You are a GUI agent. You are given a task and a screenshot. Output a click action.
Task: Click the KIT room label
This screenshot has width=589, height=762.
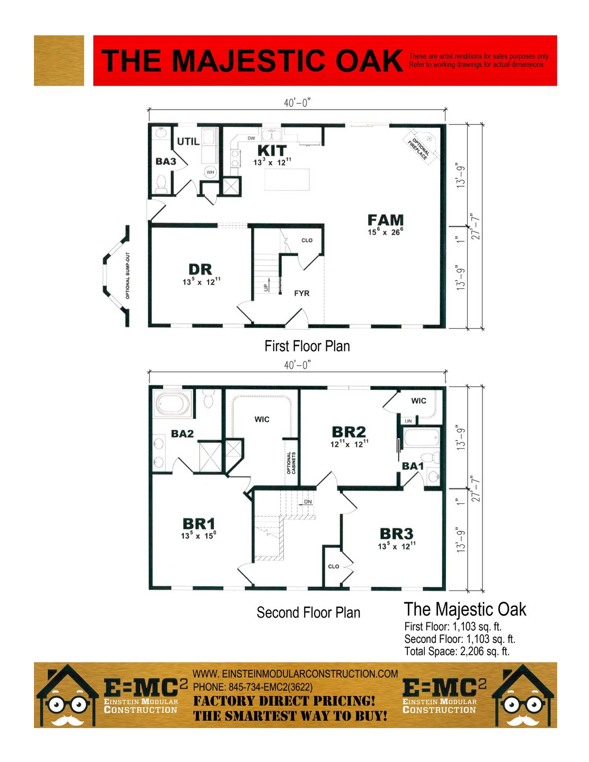pyautogui.click(x=272, y=150)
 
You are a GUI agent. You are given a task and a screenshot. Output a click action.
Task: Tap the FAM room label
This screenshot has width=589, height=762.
pyautogui.click(x=386, y=220)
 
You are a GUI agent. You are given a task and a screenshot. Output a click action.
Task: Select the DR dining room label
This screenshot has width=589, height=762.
pyautogui.click(x=200, y=269)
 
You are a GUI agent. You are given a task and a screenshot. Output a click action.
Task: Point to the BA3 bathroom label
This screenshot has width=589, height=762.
pyautogui.click(x=166, y=161)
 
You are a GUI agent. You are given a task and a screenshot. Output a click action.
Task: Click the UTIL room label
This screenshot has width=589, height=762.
pyautogui.click(x=188, y=142)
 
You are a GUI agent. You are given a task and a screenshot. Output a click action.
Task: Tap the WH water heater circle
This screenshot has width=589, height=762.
pyautogui.click(x=210, y=172)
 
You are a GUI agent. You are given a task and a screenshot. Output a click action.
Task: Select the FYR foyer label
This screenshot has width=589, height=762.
pyautogui.click(x=301, y=293)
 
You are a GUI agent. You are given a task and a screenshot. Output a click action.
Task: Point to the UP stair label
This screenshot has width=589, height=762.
pyautogui.click(x=266, y=287)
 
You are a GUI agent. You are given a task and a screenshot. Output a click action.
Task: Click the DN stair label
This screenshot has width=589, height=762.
pyautogui.click(x=308, y=502)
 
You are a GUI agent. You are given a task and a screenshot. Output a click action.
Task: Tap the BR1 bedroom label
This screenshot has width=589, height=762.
pyautogui.click(x=199, y=524)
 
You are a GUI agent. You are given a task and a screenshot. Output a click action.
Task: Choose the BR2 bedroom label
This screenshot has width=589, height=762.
pyautogui.click(x=349, y=432)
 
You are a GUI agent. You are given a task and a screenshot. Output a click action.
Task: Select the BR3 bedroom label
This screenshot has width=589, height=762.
pyautogui.click(x=396, y=534)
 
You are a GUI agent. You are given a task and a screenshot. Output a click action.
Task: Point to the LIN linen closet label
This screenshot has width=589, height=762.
pyautogui.click(x=408, y=421)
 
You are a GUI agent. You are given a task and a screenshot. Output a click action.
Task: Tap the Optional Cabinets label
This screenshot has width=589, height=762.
pyautogui.click(x=291, y=463)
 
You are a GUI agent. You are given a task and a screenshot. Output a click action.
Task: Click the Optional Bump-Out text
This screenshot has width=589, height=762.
pyautogui.click(x=128, y=276)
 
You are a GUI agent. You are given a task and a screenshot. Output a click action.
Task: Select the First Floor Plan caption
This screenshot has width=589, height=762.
pyautogui.click(x=307, y=346)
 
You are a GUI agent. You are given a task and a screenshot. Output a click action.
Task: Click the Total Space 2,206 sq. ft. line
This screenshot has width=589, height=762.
pyautogui.click(x=457, y=651)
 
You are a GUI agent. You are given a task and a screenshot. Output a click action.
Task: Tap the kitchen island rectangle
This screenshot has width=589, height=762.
pyautogui.click(x=287, y=179)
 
